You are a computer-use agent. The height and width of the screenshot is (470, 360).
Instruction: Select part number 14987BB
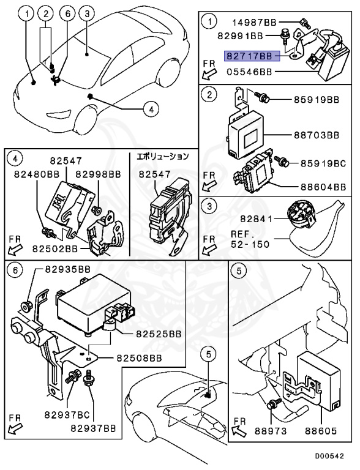point(255,22)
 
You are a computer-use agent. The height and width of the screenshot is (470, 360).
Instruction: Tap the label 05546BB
point(249,72)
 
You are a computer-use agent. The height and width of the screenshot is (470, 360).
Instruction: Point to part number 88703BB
point(317,135)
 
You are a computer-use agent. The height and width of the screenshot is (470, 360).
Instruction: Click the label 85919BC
point(323,163)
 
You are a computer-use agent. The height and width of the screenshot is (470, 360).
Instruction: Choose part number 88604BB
point(323,187)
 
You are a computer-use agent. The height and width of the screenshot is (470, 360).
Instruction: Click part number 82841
point(256,219)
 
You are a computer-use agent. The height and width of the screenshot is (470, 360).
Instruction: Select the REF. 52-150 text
point(250,239)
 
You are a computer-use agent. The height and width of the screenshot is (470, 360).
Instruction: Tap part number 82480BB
point(37,174)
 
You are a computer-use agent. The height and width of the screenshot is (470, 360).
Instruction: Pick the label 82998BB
point(98,174)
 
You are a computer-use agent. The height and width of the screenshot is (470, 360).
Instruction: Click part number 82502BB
point(55,249)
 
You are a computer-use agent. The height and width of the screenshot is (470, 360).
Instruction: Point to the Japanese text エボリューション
point(163,156)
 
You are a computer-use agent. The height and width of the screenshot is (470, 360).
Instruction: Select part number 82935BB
point(68,269)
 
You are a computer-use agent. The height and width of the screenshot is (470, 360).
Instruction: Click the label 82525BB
point(159,334)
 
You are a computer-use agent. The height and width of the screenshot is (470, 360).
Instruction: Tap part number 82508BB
point(139,358)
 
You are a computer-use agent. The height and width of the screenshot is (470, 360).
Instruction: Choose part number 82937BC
point(67,415)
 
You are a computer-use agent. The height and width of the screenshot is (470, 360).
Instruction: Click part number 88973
point(271,431)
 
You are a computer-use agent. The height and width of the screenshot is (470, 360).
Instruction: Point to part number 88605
point(321,431)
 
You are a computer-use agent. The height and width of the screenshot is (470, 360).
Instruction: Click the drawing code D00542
point(329,456)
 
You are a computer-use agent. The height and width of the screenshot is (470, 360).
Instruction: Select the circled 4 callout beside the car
point(151,109)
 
